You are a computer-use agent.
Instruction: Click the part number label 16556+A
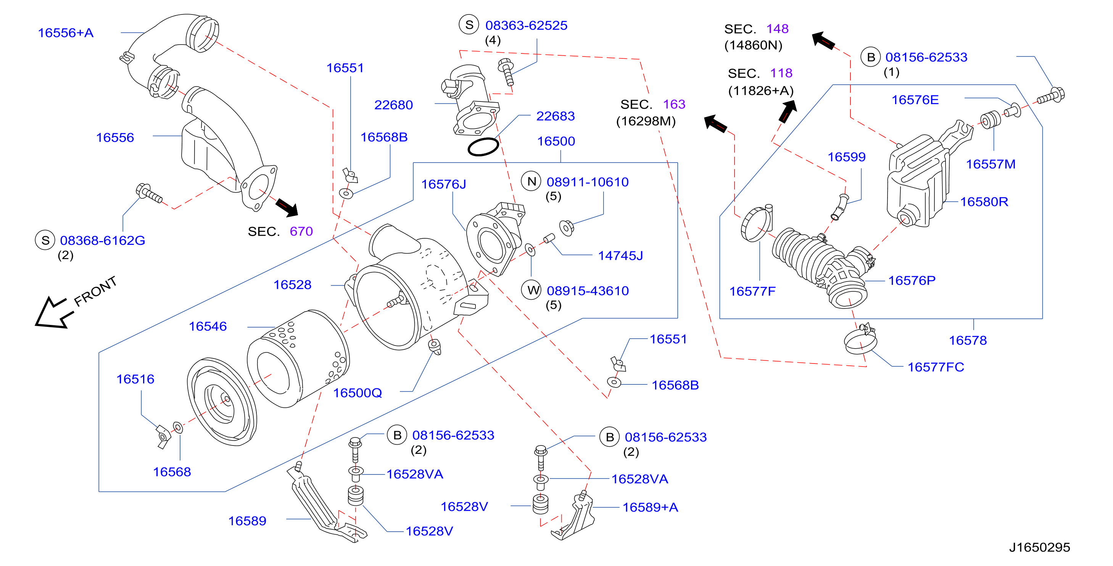(66, 33)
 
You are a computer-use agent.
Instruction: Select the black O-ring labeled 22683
(483, 147)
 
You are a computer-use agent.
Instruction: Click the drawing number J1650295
(1039, 547)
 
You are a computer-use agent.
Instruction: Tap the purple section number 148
(777, 29)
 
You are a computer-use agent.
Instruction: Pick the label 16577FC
(936, 367)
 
